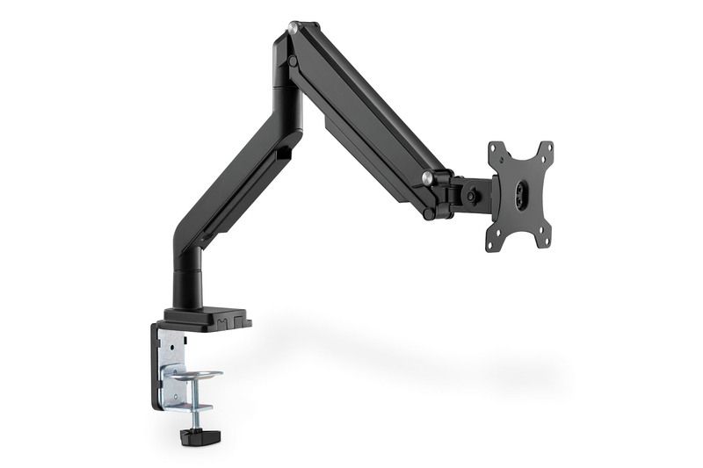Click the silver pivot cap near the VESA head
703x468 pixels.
coord(427,178)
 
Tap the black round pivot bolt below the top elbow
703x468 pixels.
coord(290,62)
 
